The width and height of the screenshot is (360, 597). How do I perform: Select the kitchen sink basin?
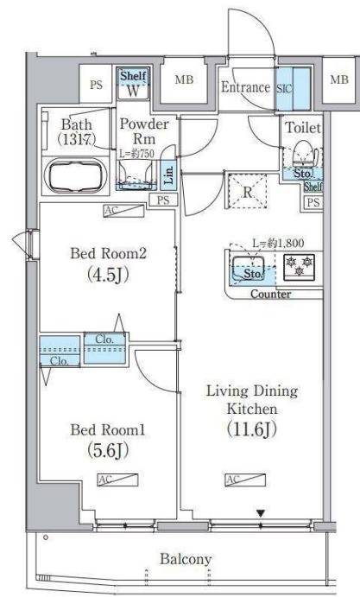251,270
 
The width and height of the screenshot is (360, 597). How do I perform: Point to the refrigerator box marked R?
246,192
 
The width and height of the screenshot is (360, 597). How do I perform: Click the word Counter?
270,295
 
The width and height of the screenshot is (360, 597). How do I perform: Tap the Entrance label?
246,86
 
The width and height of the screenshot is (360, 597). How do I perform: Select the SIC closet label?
284,87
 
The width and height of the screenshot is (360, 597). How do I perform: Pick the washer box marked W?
134,88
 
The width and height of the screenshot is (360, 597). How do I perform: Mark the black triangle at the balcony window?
259,515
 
